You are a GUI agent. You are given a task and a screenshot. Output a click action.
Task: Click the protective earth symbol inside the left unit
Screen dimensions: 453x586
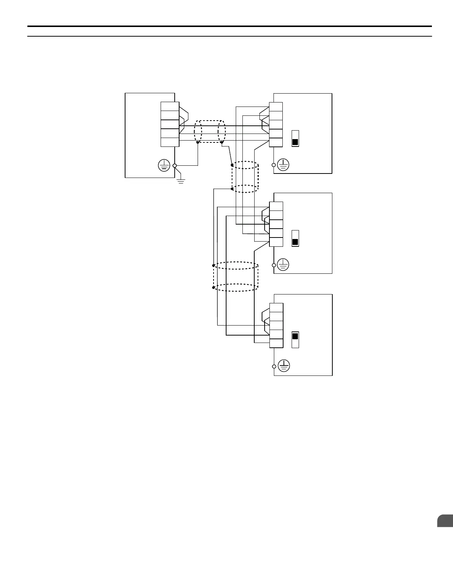click(164, 166)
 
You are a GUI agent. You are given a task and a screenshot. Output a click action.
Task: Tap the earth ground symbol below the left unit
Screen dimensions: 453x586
click(181, 181)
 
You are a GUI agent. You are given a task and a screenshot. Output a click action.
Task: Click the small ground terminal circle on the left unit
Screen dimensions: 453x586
click(175, 166)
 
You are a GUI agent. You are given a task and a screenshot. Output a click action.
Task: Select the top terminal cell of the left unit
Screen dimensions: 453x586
click(170, 107)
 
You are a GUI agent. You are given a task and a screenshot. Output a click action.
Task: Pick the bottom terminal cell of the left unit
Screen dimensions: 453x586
click(170, 142)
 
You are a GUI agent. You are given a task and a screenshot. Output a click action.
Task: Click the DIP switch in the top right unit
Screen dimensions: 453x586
click(295, 138)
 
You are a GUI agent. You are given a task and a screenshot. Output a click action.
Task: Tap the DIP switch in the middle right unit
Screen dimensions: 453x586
click(295, 239)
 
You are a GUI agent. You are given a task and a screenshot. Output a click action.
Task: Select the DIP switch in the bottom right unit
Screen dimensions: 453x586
click(295, 340)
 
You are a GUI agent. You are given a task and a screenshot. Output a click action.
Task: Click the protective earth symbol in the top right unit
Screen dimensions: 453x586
click(283, 165)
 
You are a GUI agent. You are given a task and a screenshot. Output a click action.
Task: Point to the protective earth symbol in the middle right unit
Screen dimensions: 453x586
click(283, 265)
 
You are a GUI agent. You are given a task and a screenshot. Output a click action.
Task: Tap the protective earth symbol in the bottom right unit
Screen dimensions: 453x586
click(283, 366)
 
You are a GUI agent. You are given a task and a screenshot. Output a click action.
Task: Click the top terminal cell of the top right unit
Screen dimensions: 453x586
click(276, 107)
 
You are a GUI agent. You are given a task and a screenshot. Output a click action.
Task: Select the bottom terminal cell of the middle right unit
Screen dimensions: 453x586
click(276, 242)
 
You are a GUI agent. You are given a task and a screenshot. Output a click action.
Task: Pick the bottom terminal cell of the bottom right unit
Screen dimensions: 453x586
click(276, 343)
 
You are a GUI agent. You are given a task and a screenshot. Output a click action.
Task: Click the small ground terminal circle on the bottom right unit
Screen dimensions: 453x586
click(274, 366)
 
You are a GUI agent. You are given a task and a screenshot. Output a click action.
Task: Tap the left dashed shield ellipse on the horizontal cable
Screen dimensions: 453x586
click(198, 131)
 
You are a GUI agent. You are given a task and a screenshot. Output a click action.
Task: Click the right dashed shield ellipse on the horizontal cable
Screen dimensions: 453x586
click(222, 131)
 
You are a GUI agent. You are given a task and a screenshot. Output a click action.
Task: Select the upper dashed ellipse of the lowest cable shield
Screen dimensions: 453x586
click(235, 266)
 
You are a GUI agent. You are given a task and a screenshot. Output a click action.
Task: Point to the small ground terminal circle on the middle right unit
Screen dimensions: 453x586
click(274, 265)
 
